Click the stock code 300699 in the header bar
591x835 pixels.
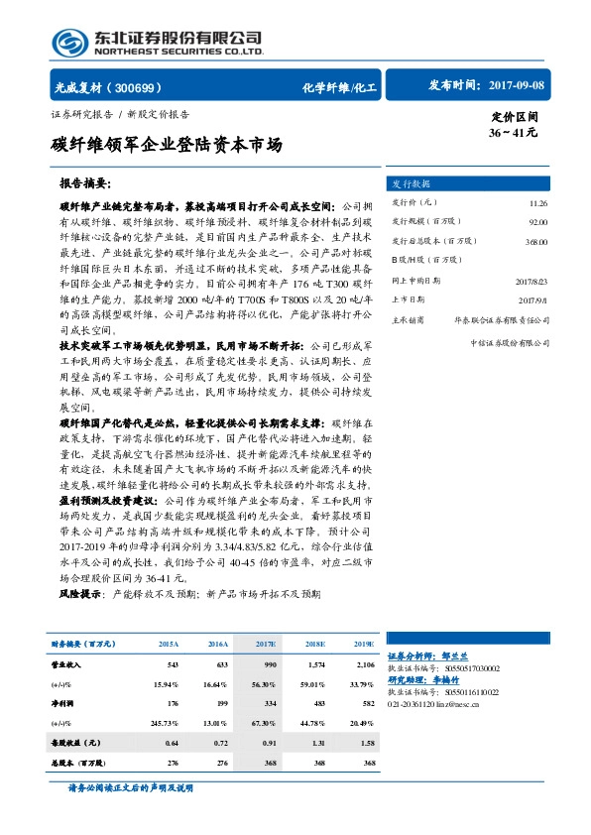pos(146,87)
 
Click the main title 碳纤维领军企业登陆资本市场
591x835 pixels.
pos(166,145)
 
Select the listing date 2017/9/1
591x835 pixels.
pos(536,299)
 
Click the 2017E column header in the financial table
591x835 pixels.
pos(266,644)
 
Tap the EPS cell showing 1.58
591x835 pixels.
pos(365,741)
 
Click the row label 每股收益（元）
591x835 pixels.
pos(77,741)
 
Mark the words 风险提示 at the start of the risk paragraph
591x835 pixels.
pos(80,593)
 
